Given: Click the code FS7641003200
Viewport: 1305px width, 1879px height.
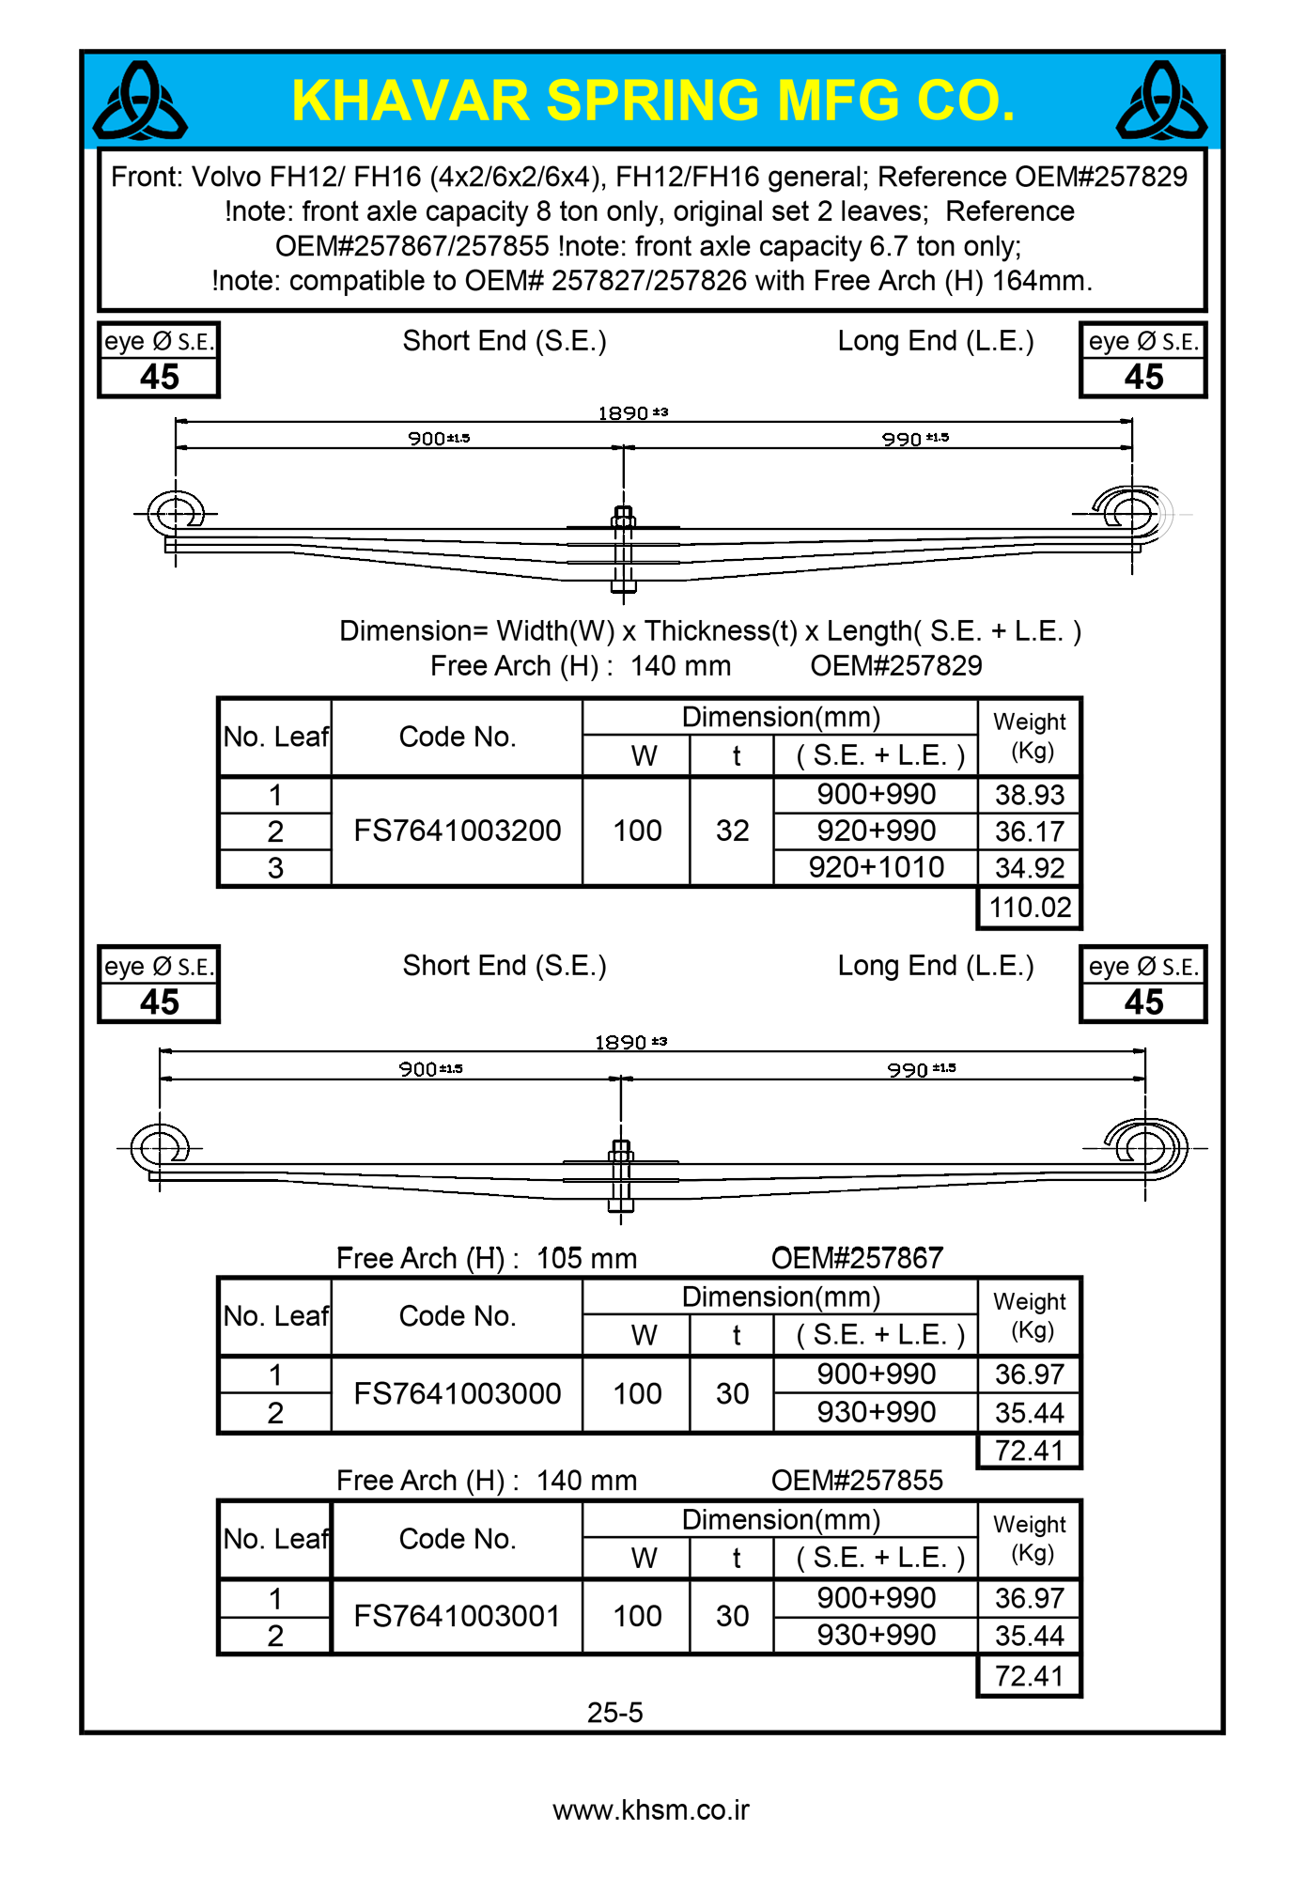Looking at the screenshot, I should (457, 831).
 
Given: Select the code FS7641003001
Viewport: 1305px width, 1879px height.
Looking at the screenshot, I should (457, 1616).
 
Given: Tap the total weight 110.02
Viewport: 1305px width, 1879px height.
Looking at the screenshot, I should (1030, 908).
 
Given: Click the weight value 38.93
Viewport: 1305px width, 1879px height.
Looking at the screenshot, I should (1030, 795).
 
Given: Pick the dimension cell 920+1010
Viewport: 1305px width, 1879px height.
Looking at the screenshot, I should (876, 867).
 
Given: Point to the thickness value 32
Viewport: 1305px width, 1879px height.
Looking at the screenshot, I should (732, 831).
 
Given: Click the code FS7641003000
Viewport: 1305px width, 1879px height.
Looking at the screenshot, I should (457, 1393).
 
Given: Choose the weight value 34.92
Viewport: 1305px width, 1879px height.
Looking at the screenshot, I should (1030, 868).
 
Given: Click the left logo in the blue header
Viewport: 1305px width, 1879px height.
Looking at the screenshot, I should (140, 101).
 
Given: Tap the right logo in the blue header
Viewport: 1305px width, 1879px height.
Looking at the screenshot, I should (1161, 101).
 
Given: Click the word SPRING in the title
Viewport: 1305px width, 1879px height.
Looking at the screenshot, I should (652, 101).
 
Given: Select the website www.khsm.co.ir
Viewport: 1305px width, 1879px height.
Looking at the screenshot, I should (651, 1810).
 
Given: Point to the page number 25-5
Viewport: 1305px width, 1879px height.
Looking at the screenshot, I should (614, 1713).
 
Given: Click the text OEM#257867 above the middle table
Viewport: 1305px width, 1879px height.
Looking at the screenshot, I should (856, 1258).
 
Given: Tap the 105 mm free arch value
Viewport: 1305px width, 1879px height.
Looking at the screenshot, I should (586, 1258).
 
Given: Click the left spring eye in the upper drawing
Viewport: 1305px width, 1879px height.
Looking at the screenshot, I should (176, 513).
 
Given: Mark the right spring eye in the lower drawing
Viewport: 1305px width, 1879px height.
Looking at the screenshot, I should (1145, 1148).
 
